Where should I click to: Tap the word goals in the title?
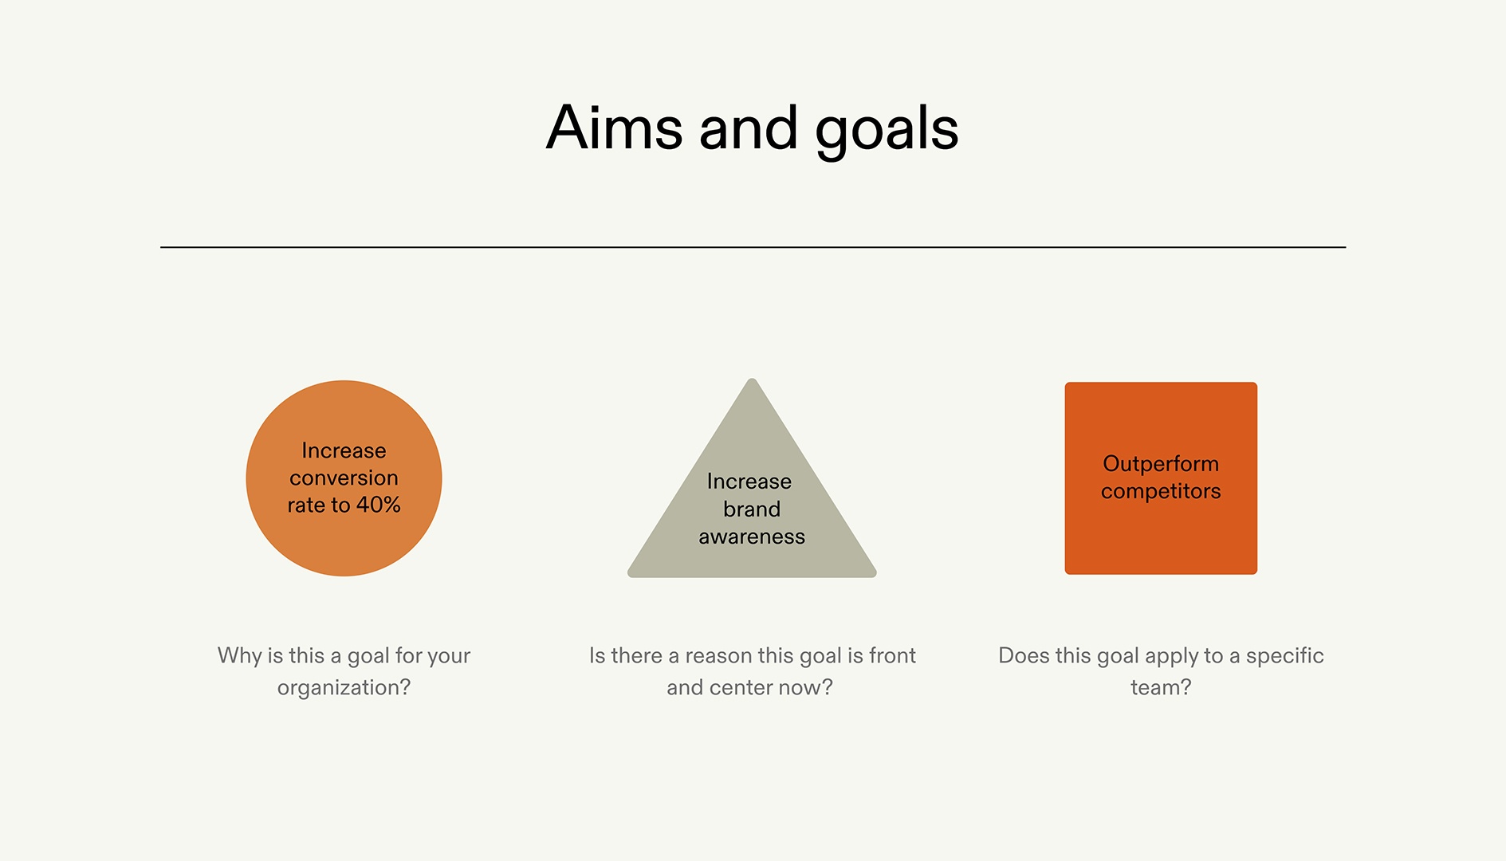point(886,132)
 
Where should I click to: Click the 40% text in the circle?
point(378,505)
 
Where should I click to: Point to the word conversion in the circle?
point(344,478)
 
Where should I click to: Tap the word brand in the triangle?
point(752,509)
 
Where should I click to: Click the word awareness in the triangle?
point(752,537)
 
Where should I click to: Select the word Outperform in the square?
point(1161,464)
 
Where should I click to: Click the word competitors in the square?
point(1161,491)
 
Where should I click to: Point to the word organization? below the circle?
point(344,687)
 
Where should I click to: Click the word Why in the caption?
point(239,655)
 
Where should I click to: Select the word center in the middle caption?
point(742,687)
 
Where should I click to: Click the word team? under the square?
point(1161,687)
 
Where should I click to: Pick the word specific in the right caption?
point(1284,655)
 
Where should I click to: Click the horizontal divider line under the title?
point(753,247)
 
